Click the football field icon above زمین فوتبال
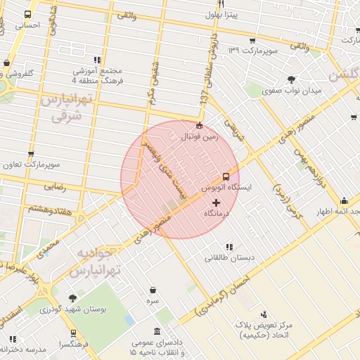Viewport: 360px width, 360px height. (x=199, y=126)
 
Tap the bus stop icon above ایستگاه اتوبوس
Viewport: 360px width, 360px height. (x=226, y=177)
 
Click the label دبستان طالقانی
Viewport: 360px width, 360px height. (x=226, y=257)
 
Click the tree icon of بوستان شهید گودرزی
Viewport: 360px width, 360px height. (x=72, y=298)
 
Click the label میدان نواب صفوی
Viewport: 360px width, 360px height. (x=291, y=91)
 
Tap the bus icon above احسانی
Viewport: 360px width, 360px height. (x=28, y=14)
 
